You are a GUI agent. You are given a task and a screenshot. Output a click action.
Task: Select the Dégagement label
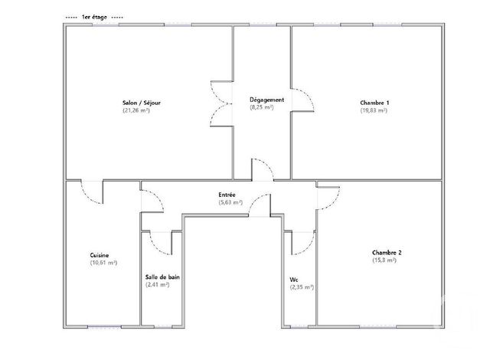pyautogui.click(x=266, y=100)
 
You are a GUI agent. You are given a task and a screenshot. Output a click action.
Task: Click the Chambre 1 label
pyautogui.click(x=374, y=103)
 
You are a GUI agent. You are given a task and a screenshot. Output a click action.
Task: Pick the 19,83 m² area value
pyautogui.click(x=374, y=110)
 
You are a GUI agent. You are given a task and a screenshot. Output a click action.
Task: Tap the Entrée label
pyautogui.click(x=227, y=195)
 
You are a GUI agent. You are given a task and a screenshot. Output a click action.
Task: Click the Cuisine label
pyautogui.click(x=99, y=255)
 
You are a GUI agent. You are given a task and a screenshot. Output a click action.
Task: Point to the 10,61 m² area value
pyautogui.click(x=103, y=263)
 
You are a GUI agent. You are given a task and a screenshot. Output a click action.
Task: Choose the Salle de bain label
pyautogui.click(x=162, y=277)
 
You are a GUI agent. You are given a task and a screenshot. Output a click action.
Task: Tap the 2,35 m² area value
pyautogui.click(x=302, y=287)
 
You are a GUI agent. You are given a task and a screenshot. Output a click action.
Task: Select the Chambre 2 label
pyautogui.click(x=387, y=252)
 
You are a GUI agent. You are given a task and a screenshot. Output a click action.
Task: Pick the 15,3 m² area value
pyautogui.click(x=384, y=260)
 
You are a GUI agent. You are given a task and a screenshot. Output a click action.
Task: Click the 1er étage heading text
pyautogui.click(x=96, y=16)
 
